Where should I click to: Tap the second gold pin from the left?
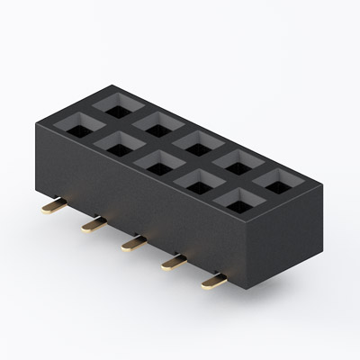point(93,224)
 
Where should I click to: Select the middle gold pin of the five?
point(133,242)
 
